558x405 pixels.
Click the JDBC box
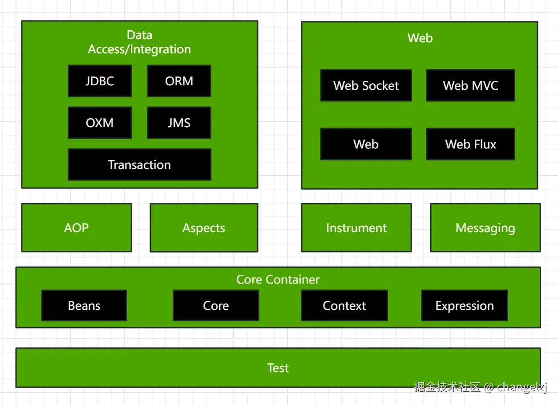pyautogui.click(x=100, y=81)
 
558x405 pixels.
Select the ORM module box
pyautogui.click(x=179, y=81)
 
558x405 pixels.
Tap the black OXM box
pyautogui.click(x=100, y=123)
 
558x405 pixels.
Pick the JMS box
pyautogui.click(x=179, y=123)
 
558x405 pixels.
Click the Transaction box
pyautogui.click(x=139, y=164)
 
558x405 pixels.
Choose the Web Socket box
pyautogui.click(x=366, y=85)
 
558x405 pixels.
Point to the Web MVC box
pyautogui.click(x=470, y=85)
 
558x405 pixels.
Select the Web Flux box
pyautogui.click(x=470, y=144)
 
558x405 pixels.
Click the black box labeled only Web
pyautogui.click(x=366, y=144)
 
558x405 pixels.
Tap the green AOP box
pyautogui.click(x=77, y=228)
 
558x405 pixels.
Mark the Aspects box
pyautogui.click(x=204, y=228)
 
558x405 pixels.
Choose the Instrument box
pyautogui.click(x=356, y=228)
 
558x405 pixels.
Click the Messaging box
pyautogui.click(x=485, y=228)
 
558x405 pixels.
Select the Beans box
pyautogui.click(x=84, y=305)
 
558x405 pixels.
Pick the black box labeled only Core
pyautogui.click(x=216, y=305)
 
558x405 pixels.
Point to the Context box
pyautogui.click(x=344, y=305)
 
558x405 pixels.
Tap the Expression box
pyautogui.click(x=465, y=305)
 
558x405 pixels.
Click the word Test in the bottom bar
pyautogui.click(x=278, y=368)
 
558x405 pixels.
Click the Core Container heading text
pyautogui.click(x=278, y=279)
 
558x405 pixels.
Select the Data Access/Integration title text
pyautogui.click(x=139, y=42)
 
